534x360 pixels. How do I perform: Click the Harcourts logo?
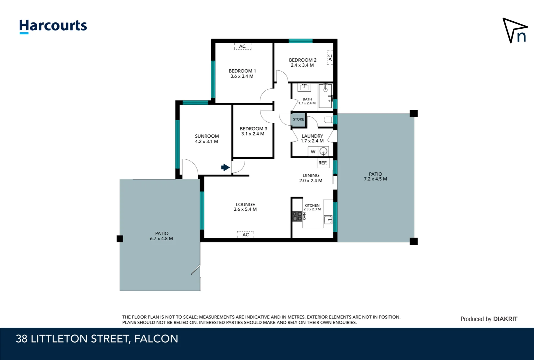click(x=53, y=26)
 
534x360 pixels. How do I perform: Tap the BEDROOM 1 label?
click(x=242, y=71)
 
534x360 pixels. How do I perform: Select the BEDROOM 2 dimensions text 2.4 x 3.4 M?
click(x=302, y=65)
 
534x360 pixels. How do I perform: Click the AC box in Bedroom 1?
click(x=243, y=46)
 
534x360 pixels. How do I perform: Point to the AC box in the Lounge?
click(x=246, y=235)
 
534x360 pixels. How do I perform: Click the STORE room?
click(x=298, y=119)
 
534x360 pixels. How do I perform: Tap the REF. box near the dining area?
click(x=323, y=163)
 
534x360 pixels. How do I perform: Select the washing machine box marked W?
click(x=313, y=152)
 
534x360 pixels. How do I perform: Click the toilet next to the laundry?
click(x=328, y=120)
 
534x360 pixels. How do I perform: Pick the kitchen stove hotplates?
click(x=297, y=216)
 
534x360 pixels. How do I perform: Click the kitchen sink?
click(x=328, y=219)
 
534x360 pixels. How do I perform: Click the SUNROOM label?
click(x=207, y=136)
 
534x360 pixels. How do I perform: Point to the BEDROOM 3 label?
click(x=253, y=129)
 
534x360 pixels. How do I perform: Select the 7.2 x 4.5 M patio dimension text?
click(x=375, y=179)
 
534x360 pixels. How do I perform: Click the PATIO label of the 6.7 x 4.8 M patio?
click(x=162, y=233)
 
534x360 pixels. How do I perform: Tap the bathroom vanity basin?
click(x=304, y=87)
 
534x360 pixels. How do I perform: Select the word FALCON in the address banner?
click(x=156, y=339)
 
